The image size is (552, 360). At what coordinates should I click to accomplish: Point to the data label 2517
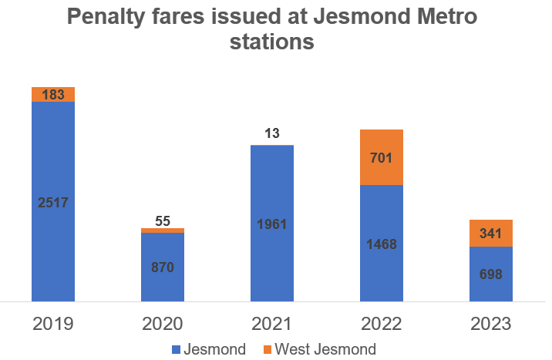coord(53,203)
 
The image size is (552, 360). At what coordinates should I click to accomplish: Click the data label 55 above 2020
coord(163,220)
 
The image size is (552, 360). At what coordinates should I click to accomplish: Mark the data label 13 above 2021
coord(272,134)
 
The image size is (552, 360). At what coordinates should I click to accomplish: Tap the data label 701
coord(382,159)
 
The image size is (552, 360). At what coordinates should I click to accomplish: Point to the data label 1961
coord(272,224)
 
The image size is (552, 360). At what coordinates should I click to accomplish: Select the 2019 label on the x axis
coord(53,323)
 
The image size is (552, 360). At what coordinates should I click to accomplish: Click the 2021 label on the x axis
coord(272,323)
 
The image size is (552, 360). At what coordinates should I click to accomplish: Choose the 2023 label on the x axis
coord(491,323)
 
